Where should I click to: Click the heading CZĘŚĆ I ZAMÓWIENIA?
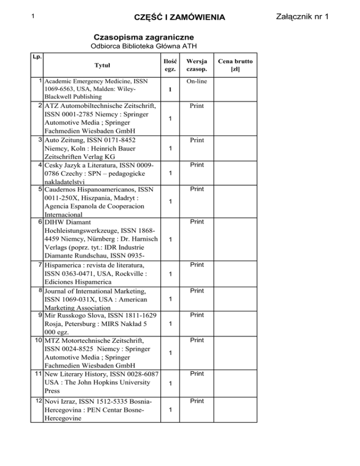(x=180, y=18)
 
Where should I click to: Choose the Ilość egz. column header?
(x=171, y=65)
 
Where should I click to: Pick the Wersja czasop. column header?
(x=197, y=65)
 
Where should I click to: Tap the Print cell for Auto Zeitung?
(x=197, y=140)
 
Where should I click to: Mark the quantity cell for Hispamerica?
(x=171, y=273)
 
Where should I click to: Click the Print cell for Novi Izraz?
(x=197, y=401)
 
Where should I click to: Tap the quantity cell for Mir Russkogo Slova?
(x=171, y=324)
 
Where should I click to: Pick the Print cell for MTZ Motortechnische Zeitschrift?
(x=197, y=339)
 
